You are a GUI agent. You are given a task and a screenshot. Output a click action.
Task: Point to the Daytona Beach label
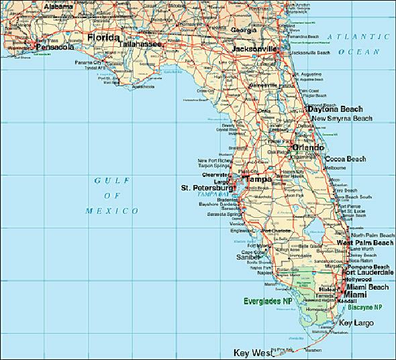(335, 109)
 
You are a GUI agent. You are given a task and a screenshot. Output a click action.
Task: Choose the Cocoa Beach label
(345, 159)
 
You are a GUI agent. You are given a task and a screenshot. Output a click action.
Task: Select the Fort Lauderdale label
(367, 273)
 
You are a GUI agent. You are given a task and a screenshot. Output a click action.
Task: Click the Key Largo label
(356, 323)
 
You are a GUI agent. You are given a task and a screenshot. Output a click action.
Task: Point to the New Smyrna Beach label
(340, 119)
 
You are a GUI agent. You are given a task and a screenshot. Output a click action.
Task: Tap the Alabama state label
(58, 6)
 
